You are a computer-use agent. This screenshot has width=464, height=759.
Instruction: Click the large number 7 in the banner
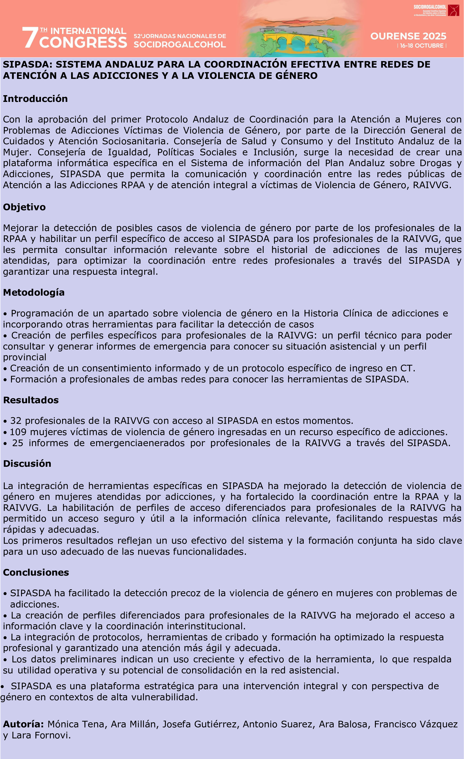point(30,38)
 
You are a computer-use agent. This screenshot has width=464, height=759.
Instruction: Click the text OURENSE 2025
point(408,36)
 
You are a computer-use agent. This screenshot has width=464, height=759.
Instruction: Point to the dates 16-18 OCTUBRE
point(422,46)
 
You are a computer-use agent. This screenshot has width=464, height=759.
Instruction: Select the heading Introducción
point(35,99)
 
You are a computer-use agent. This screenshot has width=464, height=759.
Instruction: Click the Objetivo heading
point(24,207)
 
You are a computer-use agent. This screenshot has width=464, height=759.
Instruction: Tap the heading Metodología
point(34,293)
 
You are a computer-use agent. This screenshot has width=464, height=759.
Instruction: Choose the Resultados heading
point(31,400)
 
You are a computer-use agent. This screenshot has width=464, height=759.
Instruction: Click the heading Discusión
point(27,464)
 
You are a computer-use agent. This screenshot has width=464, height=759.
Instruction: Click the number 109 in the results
point(18,432)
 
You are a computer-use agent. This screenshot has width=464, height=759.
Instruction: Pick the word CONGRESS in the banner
point(83,42)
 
